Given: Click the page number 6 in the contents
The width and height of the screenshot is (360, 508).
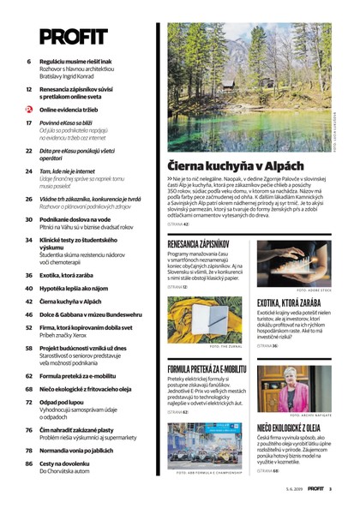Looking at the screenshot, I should click(x=29, y=63).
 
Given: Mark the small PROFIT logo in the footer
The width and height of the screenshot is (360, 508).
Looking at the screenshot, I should click(x=316, y=488).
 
